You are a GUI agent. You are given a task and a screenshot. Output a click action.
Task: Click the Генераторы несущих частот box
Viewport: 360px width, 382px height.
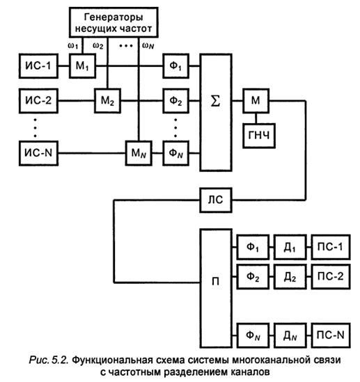114,22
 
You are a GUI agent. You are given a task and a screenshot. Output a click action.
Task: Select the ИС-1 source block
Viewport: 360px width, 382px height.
38,66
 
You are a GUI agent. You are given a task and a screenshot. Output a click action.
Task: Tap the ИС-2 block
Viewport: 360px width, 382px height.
38,101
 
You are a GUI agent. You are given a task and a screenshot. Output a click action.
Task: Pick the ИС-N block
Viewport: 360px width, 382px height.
38,153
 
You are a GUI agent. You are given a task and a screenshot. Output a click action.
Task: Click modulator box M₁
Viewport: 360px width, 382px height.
82,66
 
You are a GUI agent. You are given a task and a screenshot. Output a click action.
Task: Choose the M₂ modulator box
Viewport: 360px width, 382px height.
107,101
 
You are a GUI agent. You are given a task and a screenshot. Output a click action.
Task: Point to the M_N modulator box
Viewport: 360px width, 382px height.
139,153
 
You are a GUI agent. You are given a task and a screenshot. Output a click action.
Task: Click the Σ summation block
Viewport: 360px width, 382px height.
216,112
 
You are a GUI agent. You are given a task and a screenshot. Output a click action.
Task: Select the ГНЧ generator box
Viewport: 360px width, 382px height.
259,136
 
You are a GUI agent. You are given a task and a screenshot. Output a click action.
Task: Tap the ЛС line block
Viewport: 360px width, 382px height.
216,200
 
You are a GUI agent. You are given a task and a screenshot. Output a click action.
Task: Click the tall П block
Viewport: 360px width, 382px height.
216,288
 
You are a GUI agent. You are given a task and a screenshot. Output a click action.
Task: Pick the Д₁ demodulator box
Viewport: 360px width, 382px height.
290,247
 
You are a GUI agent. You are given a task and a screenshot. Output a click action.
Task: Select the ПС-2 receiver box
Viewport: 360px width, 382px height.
331,276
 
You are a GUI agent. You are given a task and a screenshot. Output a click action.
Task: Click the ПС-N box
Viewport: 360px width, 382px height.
331,335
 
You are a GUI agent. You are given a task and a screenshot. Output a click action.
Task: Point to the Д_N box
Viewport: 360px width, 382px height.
290,335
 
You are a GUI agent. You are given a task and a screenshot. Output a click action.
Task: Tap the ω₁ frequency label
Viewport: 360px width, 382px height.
73,45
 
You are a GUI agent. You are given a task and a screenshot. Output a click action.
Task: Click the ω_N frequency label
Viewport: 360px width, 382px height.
148,45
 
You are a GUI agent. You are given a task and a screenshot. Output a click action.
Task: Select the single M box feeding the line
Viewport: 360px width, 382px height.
256,101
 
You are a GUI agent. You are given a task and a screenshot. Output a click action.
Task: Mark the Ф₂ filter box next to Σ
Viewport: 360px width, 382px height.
176,101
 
